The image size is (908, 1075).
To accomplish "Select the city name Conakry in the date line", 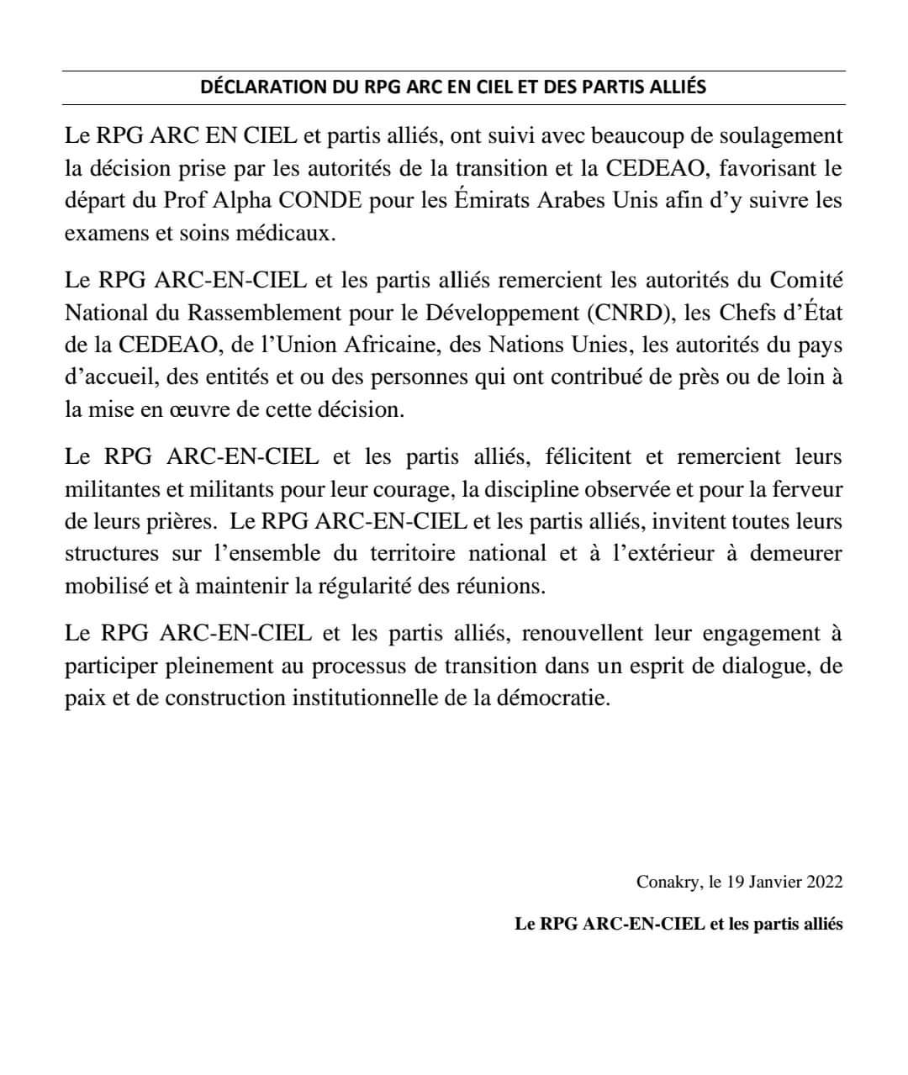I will (668, 883).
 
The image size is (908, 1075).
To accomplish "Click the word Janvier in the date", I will (773, 883).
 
